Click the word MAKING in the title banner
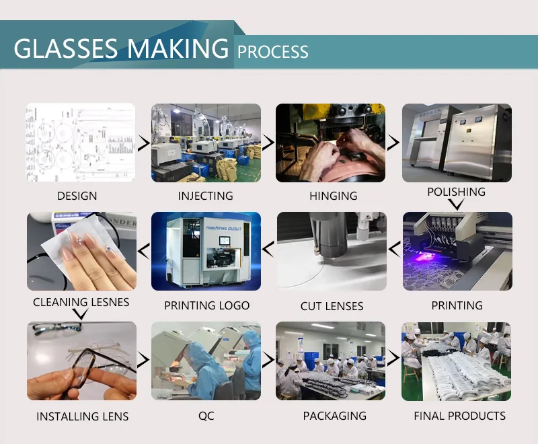178,48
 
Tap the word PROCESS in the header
273,52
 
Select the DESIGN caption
77,196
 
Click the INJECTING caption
205,196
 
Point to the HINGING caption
333,196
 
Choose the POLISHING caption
456,192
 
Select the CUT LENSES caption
332,306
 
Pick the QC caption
206,416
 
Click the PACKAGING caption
334,416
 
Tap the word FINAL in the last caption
429,416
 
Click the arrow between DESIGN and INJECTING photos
144,143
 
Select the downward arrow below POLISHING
457,205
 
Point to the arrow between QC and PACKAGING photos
268,360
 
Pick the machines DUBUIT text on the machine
224,228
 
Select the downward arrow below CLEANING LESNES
81,313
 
